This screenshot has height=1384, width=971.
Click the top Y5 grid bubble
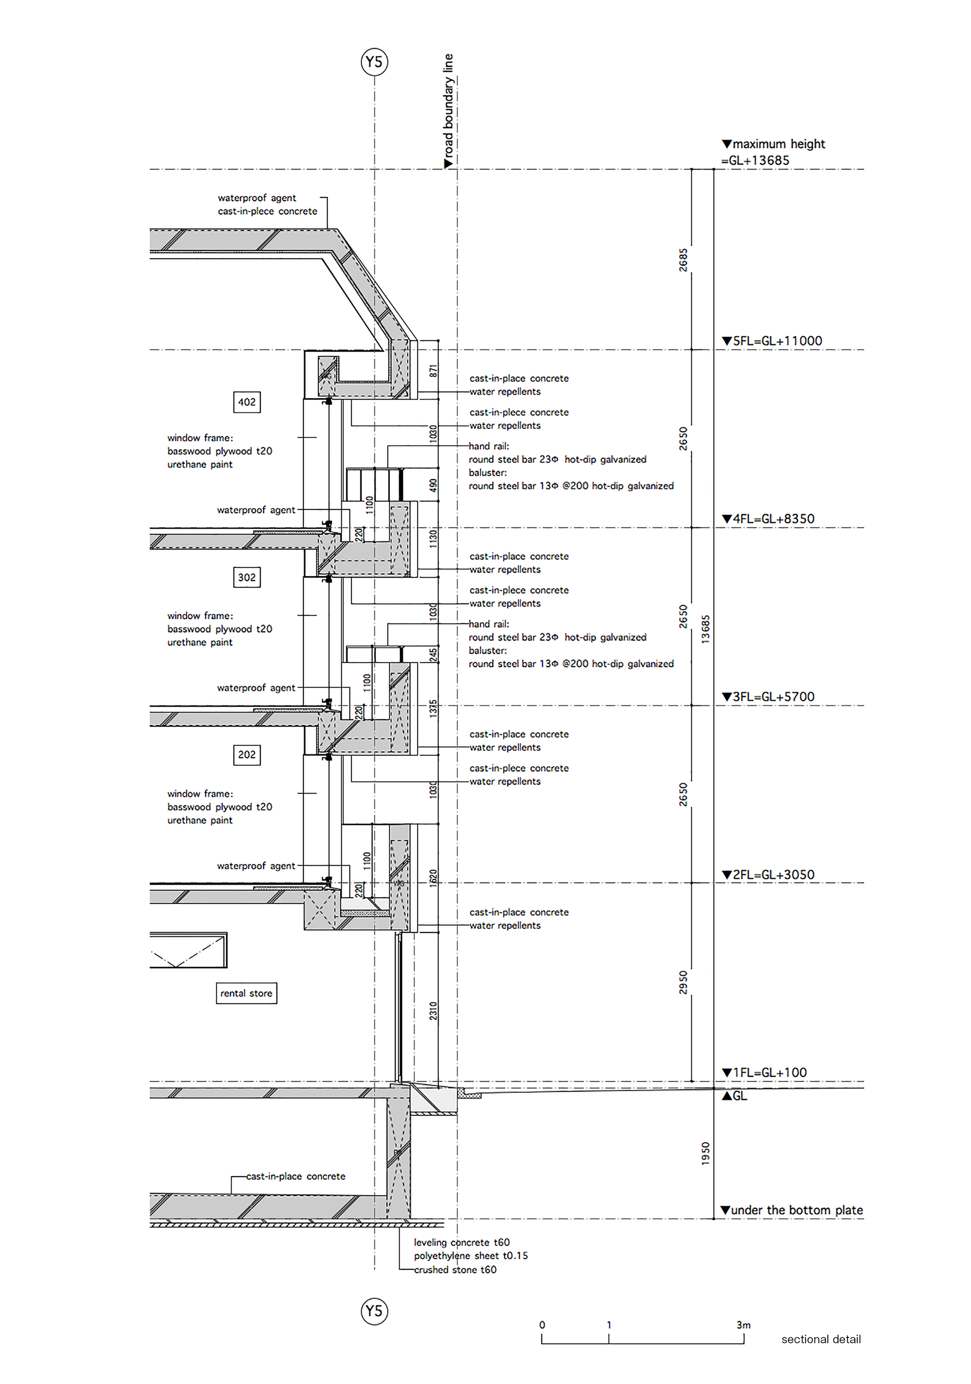[374, 62]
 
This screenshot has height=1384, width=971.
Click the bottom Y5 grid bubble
[374, 1311]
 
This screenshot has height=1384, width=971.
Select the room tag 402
[247, 402]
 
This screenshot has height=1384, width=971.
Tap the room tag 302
[247, 578]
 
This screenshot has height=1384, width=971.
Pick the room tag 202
[247, 755]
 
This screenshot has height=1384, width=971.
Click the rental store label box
[246, 993]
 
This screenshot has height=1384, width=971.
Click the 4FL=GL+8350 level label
[769, 519]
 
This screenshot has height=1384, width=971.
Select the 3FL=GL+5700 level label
[769, 697]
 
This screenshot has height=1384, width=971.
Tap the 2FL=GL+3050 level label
[769, 875]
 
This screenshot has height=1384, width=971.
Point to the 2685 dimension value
[683, 260]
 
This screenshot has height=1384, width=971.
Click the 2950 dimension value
[683, 983]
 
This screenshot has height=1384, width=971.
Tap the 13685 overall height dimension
[706, 629]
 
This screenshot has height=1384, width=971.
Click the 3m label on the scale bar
[743, 1325]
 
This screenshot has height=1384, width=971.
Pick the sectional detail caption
[821, 1339]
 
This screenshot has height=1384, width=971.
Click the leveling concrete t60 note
[462, 1242]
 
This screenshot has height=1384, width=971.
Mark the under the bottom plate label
[792, 1210]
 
